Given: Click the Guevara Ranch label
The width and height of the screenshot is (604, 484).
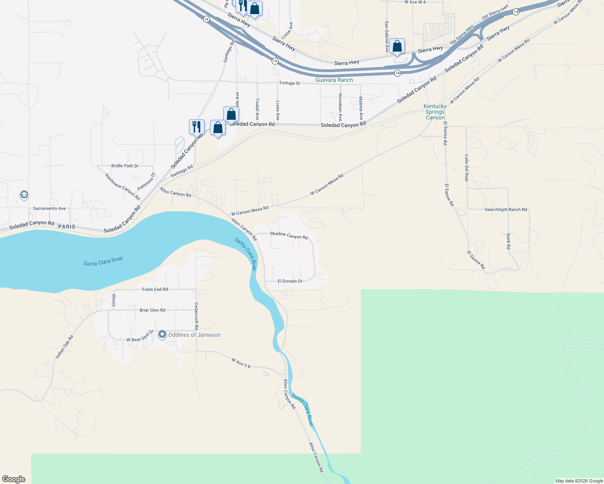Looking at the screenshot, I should [334, 80].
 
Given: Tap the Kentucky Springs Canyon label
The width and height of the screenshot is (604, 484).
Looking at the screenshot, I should [435, 112].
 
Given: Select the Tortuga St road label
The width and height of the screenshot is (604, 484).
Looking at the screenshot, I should [289, 83].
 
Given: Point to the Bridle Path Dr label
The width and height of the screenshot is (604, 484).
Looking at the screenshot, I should [125, 166].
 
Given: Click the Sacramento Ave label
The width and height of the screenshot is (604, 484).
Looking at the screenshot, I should [49, 209].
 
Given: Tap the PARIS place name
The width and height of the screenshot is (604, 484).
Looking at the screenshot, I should [67, 227].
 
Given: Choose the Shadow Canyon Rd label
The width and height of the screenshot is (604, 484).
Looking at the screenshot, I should [289, 235].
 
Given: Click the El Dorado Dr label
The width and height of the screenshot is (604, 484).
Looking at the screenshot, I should [290, 281].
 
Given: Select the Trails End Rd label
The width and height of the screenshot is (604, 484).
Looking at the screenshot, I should [155, 289].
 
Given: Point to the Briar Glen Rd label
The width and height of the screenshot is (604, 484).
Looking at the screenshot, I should [152, 310].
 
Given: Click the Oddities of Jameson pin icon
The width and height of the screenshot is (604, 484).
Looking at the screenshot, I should [162, 334].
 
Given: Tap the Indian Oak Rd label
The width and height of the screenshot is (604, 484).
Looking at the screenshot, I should [64, 347].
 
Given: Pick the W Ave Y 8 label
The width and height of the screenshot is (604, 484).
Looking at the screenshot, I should [241, 363].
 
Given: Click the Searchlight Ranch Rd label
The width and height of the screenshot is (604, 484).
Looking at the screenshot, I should [506, 209].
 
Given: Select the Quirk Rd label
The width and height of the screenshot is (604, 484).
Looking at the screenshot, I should [508, 241].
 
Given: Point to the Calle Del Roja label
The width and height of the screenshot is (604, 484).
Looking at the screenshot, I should [466, 167].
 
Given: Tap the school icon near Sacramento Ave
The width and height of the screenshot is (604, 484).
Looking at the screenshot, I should [24, 195].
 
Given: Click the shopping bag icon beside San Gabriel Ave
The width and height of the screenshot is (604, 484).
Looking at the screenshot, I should [397, 47].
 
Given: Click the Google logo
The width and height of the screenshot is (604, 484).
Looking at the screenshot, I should [14, 479].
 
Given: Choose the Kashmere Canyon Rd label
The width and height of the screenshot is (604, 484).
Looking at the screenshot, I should [122, 187].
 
